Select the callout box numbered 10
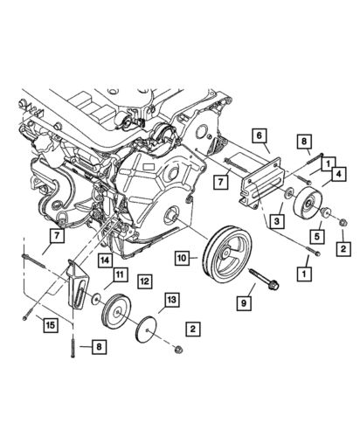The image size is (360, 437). click(x=183, y=258)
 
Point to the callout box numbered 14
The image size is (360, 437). click(x=103, y=259)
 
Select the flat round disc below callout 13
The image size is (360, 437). click(x=146, y=330)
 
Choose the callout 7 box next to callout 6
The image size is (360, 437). click(x=222, y=181)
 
